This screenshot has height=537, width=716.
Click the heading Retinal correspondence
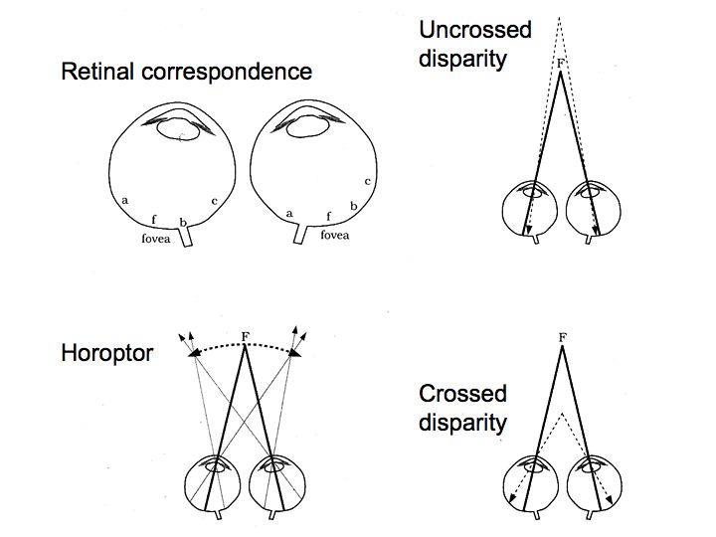coord(186,73)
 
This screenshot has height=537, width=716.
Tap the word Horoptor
coord(107,353)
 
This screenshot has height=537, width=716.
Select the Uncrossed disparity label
coord(474,44)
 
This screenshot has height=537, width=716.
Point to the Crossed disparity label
coord(462,408)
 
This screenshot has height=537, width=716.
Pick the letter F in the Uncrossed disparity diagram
coord(562,63)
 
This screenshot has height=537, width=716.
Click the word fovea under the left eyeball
coord(156,239)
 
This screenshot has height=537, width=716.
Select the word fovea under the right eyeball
coord(335,236)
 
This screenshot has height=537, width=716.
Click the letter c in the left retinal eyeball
coord(214,201)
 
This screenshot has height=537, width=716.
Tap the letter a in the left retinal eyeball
coord(124,200)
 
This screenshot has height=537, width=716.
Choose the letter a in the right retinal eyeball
coord(288,213)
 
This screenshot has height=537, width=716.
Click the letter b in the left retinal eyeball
coord(182,222)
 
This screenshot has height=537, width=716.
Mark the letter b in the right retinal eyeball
coord(353,207)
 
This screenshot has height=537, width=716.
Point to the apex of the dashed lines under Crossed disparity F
coord(562,412)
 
